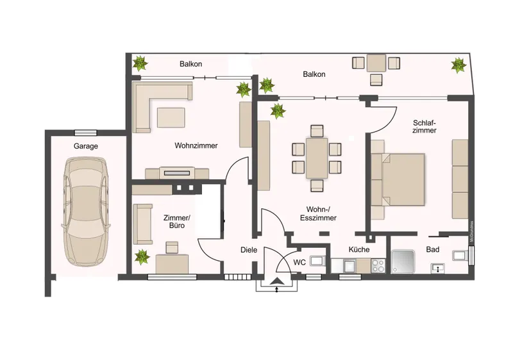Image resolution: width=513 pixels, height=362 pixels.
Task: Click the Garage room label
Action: (86, 146)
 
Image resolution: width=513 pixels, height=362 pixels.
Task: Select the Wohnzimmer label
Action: (196, 145)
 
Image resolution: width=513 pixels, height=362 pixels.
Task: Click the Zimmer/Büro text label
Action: (177, 222)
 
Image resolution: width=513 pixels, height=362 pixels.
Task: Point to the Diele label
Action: (248, 250)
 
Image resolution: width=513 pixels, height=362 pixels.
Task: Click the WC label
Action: (299, 262)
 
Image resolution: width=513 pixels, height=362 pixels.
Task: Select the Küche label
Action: (359, 250)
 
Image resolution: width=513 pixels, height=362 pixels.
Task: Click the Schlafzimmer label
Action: (425, 126)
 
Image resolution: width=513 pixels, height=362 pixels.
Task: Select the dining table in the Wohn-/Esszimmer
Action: (316, 158)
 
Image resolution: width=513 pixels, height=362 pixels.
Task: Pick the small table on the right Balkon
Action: (376, 63)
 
